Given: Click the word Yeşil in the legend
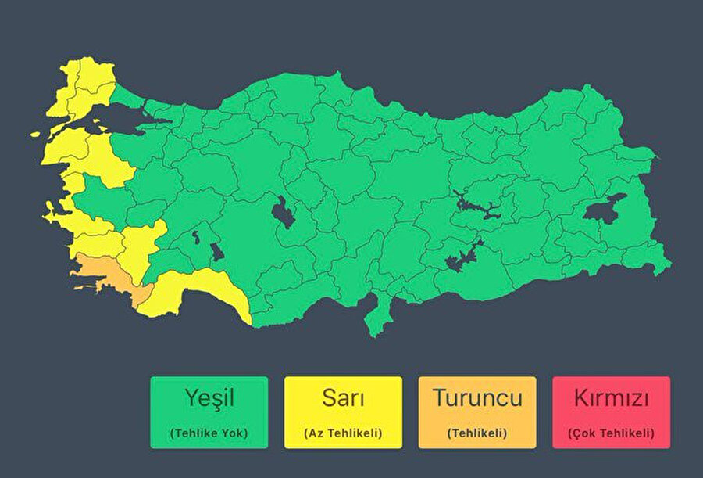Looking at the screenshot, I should [209, 399].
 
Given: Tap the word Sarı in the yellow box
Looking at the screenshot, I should [343, 397].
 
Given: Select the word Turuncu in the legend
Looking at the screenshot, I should [477, 397].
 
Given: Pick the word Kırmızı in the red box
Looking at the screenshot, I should [612, 398].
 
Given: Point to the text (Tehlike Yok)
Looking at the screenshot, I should [209, 433].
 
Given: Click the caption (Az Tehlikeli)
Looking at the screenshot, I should [343, 433].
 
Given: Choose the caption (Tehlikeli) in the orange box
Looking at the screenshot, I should [477, 433].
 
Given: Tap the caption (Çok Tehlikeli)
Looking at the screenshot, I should [612, 433].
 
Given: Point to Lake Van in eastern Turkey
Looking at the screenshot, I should [605, 210].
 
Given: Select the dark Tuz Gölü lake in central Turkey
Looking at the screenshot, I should [284, 211].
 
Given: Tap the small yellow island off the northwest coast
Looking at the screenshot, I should [35, 134].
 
